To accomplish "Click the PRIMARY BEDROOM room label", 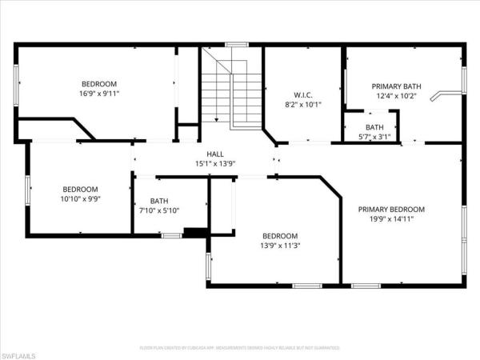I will pos(391,209).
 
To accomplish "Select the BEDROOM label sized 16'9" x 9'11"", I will pos(99,83).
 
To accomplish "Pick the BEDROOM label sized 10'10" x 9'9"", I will pos(80,189).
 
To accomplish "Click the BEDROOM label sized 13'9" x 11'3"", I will pos(280,236).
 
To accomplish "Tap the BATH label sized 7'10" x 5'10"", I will pos(158,202).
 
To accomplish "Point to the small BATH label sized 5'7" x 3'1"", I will pos(374,127).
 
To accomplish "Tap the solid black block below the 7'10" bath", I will pos(195,233).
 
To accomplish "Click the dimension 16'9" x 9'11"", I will pos(99,94).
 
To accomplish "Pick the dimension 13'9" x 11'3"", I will pos(280,246).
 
